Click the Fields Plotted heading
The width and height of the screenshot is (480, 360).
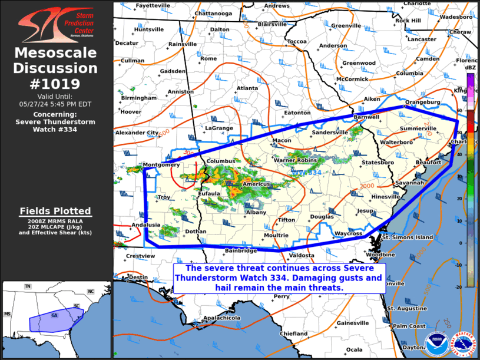click(55, 211)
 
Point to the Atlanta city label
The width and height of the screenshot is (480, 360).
click(247, 88)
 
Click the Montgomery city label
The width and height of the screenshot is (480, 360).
click(161, 165)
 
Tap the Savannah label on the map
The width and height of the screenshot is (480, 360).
click(409, 183)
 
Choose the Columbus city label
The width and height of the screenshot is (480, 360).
click(221, 161)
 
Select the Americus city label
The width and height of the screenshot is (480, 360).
click(256, 184)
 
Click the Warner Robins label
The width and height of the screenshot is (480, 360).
click(296, 160)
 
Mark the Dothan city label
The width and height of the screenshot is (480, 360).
click(196, 232)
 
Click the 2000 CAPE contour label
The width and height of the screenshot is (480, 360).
click(367, 186)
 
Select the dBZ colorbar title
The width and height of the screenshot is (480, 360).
click(471, 68)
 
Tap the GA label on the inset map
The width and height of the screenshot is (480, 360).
click(55, 315)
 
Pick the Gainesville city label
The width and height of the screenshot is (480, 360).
click(352, 323)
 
